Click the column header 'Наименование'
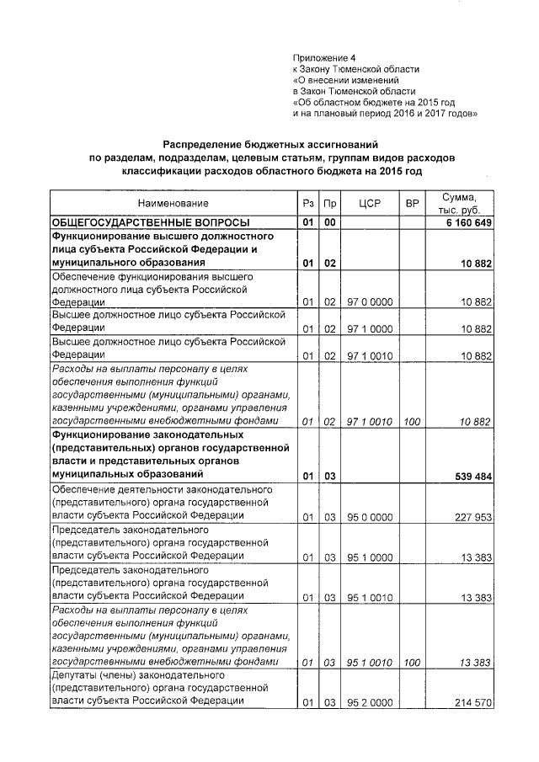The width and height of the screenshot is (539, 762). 173,204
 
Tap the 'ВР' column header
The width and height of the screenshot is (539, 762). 412,204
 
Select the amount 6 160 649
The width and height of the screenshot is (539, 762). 464,222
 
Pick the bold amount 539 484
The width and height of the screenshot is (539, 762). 468,476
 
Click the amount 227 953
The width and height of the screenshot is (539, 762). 469,518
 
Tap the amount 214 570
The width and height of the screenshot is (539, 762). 469,702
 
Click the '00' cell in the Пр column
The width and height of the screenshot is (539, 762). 331,222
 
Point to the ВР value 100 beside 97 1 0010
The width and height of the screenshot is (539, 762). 412,421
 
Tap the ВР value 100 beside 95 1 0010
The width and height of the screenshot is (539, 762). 412,663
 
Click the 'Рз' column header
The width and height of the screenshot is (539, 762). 307,204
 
